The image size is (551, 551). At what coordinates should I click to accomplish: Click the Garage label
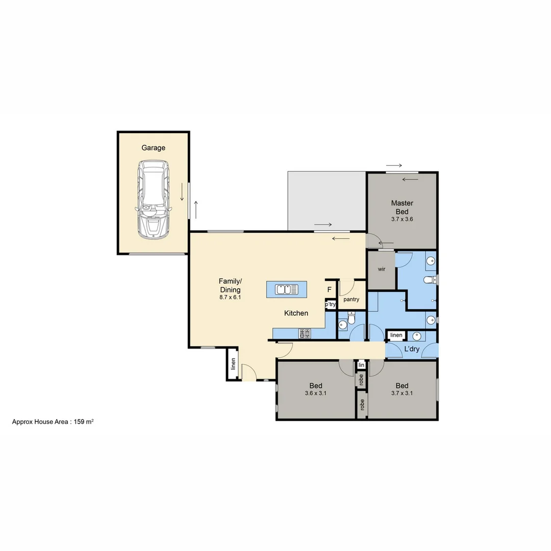click(154, 148)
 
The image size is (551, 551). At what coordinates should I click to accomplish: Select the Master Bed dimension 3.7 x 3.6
click(402, 219)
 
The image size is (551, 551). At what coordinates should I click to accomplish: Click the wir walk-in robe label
click(381, 269)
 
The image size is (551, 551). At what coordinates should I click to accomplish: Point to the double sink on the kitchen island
click(287, 290)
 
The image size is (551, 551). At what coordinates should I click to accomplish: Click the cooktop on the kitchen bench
click(305, 334)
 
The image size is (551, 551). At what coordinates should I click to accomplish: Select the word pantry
click(352, 299)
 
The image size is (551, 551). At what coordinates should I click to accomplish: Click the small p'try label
click(331, 305)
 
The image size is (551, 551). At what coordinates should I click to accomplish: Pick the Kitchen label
click(296, 313)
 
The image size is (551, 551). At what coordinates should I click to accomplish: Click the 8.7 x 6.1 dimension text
click(230, 296)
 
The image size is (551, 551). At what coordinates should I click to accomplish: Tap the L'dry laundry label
click(412, 349)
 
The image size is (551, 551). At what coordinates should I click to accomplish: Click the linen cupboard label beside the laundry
click(396, 336)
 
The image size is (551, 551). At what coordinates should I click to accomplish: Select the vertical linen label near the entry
click(233, 364)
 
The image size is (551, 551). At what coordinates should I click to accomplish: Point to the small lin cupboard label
click(361, 365)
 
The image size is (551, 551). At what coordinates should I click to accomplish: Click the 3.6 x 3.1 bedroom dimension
click(315, 393)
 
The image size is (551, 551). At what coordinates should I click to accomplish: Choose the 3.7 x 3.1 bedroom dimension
click(402, 393)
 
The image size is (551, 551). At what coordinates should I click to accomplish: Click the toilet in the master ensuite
click(430, 279)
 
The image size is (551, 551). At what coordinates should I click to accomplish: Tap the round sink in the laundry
click(417, 336)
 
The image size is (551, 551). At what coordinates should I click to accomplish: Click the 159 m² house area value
click(82, 422)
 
